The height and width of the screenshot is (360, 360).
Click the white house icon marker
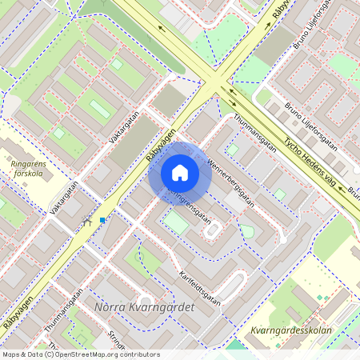[x=180, y=173]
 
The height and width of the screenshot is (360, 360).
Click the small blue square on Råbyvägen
[x=102, y=219]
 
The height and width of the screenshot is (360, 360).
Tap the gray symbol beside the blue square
[x=86, y=224]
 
